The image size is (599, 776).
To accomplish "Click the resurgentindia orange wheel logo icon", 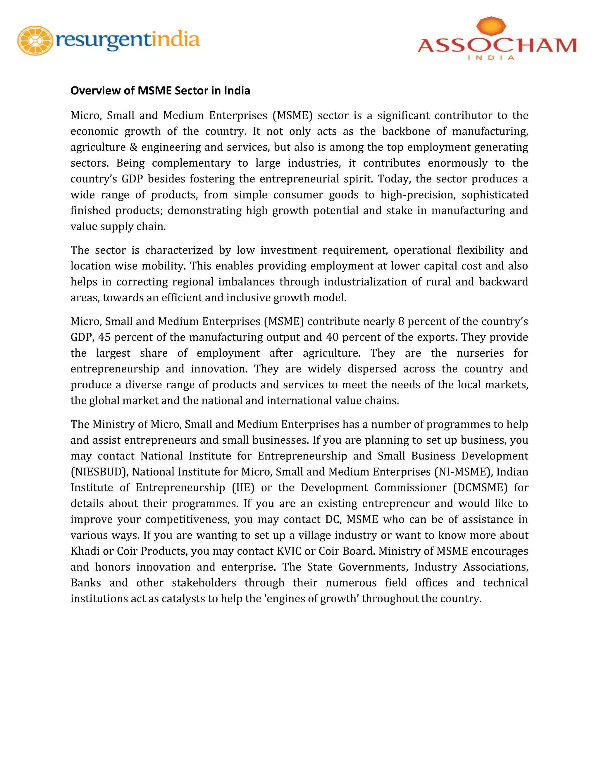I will [35, 40].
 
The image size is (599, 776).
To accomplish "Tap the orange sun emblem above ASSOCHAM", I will [491, 26].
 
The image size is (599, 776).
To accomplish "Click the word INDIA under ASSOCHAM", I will [491, 58].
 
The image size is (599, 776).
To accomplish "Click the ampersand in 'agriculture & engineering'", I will [133, 147].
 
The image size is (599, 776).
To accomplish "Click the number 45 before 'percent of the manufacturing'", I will [104, 337].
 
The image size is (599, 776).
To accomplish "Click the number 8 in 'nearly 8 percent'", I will [401, 322].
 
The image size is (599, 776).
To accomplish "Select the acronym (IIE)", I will [243, 488].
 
